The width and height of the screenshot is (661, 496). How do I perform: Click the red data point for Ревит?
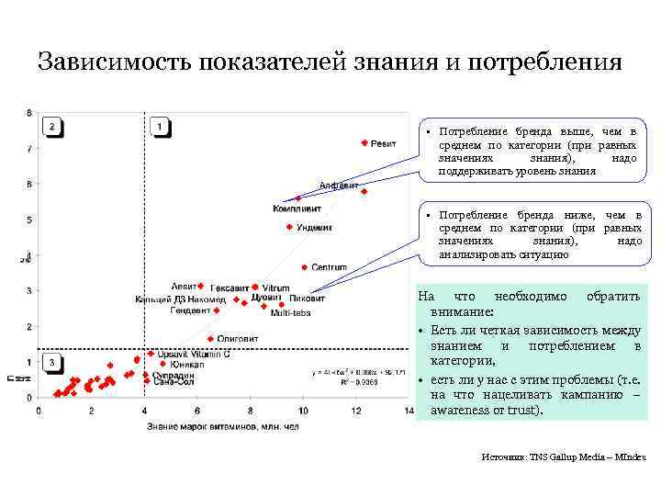pos(364,143)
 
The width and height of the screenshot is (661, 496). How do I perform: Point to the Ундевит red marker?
pos(289,227)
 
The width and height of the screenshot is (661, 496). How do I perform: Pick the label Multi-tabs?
pos(290,313)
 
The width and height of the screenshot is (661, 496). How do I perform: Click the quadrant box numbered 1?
pos(160,127)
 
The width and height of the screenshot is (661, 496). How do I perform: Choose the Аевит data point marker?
pos(201,287)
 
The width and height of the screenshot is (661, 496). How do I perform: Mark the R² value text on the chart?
pos(341,378)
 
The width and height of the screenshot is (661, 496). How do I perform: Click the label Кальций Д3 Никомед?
pos(179,299)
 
